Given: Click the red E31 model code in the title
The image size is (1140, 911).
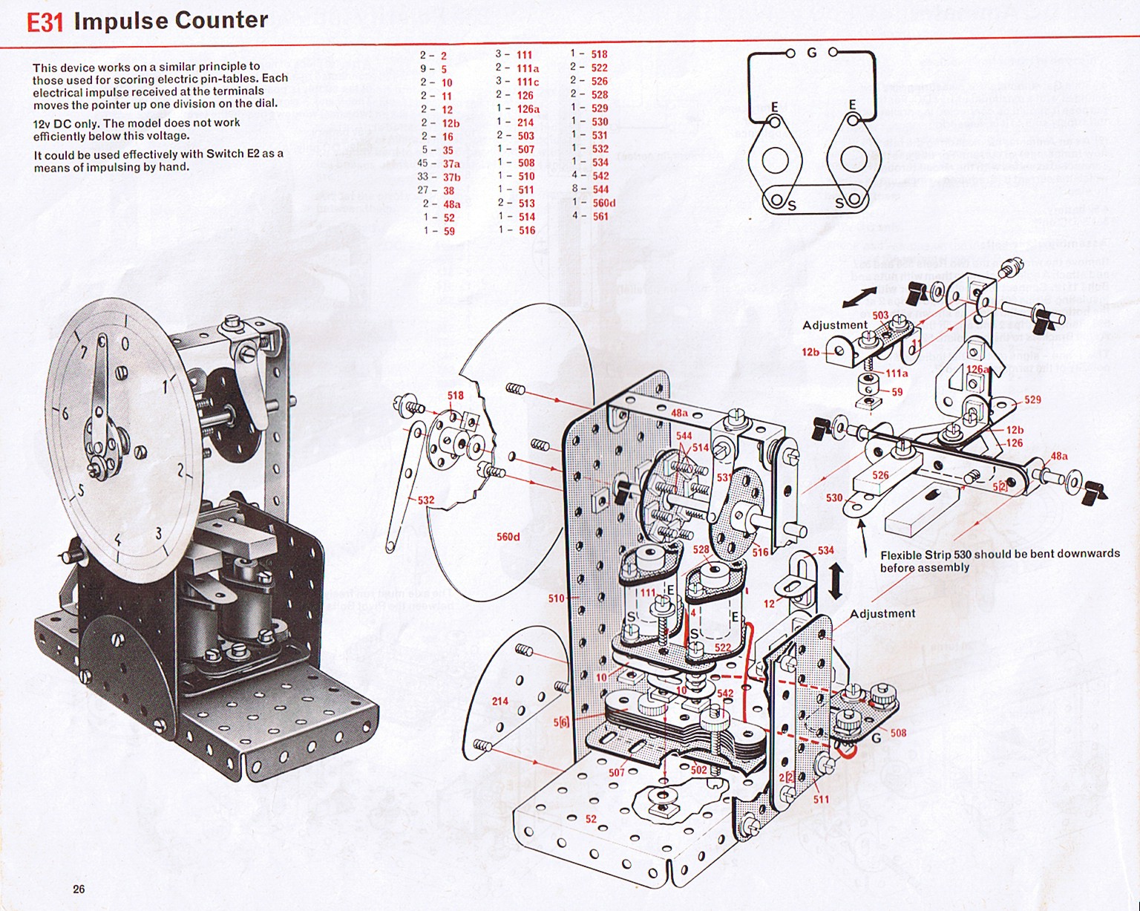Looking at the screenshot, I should click(45, 22).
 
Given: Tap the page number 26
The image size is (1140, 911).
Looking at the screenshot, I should click(79, 889).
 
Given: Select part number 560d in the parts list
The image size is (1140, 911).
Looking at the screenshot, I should click(604, 203).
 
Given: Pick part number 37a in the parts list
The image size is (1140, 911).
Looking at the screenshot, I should click(451, 164).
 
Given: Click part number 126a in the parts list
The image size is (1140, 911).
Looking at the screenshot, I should click(528, 108).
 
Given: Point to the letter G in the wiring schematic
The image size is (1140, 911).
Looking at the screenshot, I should click(811, 53).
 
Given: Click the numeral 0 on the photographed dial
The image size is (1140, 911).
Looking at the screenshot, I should click(125, 344).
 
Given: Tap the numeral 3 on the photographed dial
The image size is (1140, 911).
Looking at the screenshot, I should click(158, 533).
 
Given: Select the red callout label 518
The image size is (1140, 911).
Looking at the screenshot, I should click(455, 395).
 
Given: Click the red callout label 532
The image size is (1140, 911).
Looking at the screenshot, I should click(426, 500).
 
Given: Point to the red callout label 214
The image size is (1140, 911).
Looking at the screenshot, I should click(500, 701).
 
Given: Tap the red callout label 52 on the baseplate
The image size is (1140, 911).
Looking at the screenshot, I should click(591, 819).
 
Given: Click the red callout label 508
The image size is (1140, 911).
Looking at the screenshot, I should click(898, 733).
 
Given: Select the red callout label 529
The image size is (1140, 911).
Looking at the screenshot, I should click(1032, 399).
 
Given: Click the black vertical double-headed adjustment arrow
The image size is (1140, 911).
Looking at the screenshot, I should click(835, 580).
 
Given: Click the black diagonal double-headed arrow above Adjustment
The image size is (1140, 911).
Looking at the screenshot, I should click(859, 298).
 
